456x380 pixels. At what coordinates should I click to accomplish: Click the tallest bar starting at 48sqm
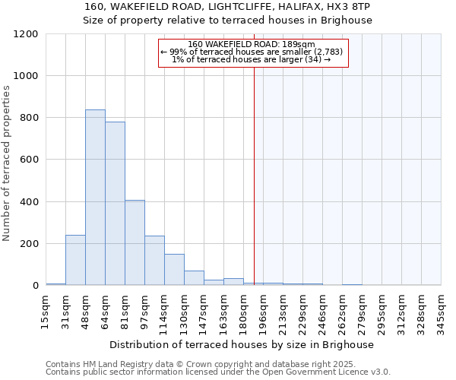tap(95, 198)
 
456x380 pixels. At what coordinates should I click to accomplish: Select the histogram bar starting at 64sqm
tap(115, 204)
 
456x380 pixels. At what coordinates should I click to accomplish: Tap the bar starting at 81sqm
tap(135, 242)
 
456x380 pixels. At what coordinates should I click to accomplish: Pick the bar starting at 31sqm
tap(75, 260)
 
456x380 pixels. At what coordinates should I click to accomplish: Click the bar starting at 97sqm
tap(154, 261)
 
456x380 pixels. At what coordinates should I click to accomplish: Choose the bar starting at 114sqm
tap(174, 270)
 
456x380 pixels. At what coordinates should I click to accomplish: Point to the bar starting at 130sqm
tap(194, 278)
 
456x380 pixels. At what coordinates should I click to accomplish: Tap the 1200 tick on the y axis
tap(26, 34)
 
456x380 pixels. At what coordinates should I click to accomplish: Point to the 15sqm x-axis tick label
tap(46, 310)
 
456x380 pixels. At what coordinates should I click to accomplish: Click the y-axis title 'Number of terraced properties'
tap(8, 163)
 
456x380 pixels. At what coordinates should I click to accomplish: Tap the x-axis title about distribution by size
tap(242, 344)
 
